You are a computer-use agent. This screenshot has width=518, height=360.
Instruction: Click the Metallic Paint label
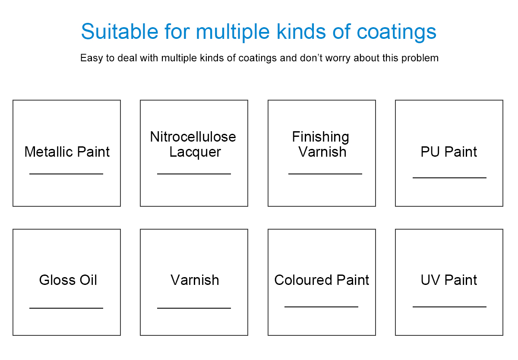pos(67,152)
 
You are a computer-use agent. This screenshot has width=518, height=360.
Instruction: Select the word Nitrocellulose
pos(193,137)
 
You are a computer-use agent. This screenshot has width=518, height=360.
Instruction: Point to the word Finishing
pos(320,137)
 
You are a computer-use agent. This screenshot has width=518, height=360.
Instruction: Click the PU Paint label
pos(449,152)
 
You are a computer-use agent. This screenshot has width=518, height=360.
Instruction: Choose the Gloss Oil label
pos(68,280)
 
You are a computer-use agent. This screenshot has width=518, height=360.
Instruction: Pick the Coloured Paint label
pos(322,280)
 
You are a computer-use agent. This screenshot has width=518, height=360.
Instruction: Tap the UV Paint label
pos(449,280)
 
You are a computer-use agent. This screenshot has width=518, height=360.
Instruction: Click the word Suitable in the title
pos(120,32)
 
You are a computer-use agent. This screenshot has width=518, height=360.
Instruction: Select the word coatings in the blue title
pos(396,32)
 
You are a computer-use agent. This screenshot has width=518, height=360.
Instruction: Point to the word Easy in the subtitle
pos(92,58)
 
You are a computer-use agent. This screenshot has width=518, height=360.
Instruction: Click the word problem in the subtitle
pos(420,58)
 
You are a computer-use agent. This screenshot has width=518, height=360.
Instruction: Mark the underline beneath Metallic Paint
pos(66,174)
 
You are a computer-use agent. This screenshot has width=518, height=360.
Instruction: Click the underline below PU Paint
pos(449,178)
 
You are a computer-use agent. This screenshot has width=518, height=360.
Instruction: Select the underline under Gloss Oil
pos(66,308)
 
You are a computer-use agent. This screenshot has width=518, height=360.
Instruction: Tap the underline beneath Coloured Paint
pos(322,307)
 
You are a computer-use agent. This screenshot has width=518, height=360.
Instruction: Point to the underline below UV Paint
pos(449,307)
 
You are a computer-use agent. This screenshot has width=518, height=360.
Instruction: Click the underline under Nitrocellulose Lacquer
pos(194,174)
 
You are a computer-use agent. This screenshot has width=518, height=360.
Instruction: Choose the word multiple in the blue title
pos(233,32)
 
